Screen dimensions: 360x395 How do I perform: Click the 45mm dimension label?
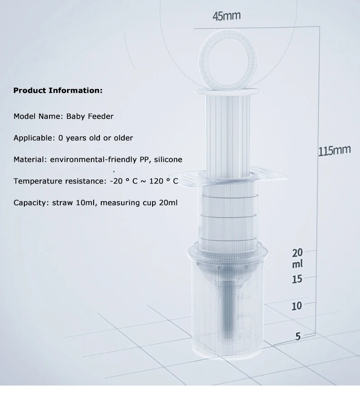226,16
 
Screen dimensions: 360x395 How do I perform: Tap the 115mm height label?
334,151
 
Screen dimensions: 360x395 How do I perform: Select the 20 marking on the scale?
297,253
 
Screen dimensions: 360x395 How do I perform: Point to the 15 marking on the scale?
297,279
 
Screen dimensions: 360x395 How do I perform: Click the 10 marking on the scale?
297,306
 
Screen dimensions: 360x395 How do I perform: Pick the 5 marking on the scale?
298,336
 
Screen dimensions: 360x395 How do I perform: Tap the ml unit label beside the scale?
297,264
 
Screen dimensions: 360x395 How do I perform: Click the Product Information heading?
58,90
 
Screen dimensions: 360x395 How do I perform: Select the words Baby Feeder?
90,116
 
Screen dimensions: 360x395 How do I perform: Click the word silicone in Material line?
168,159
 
